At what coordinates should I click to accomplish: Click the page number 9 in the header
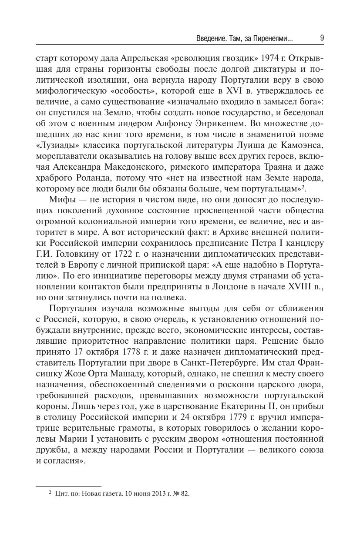pos(321,38)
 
